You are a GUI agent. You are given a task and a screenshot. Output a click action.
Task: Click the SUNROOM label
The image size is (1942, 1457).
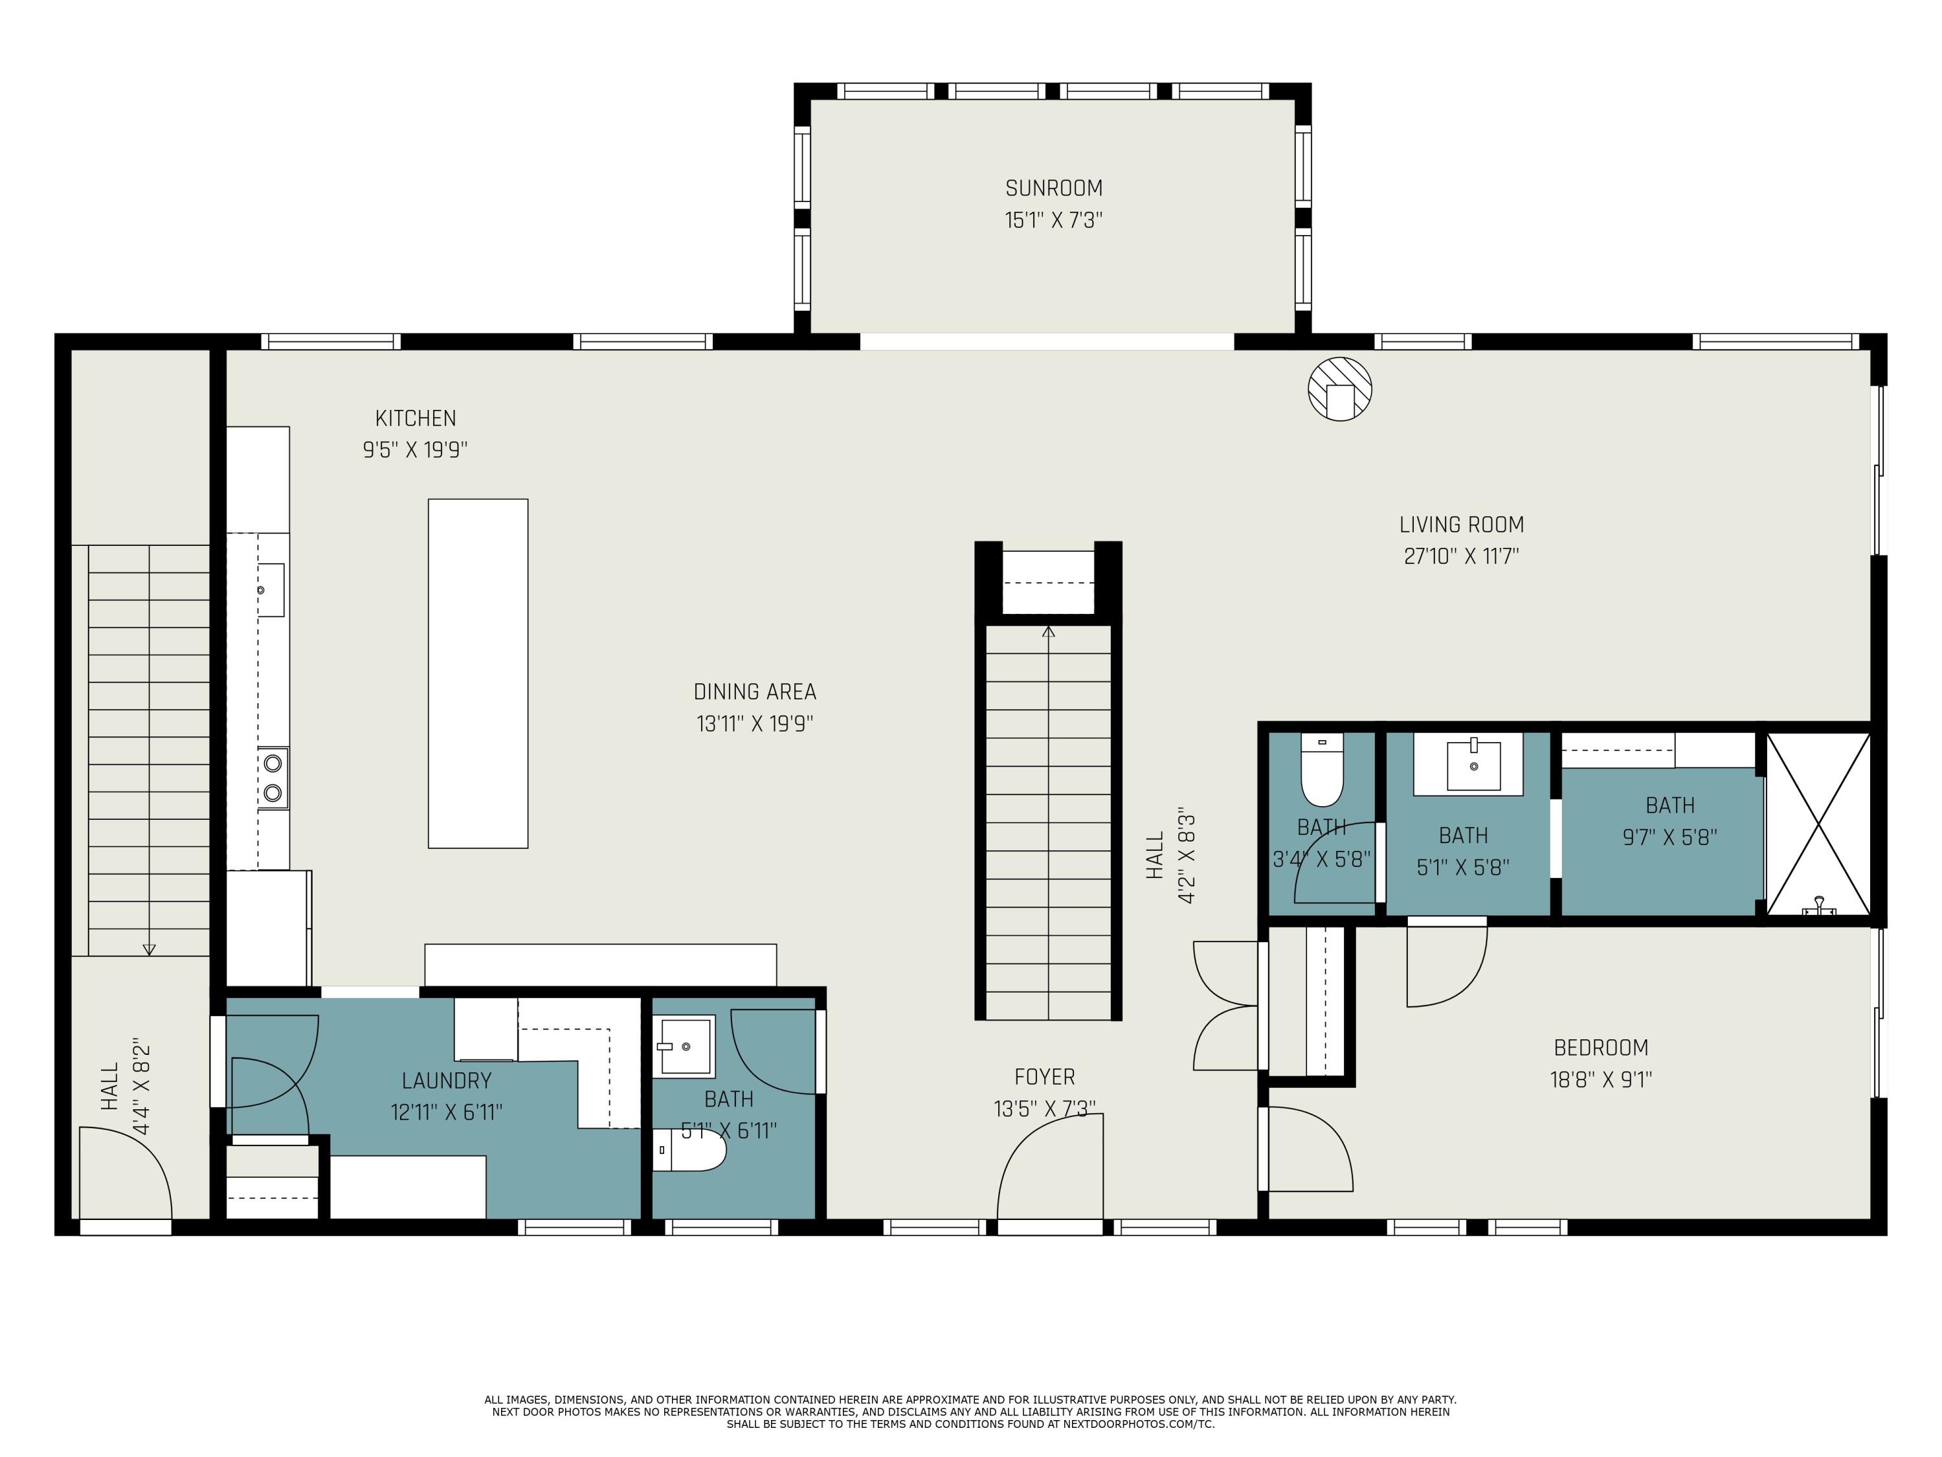coord(1053,188)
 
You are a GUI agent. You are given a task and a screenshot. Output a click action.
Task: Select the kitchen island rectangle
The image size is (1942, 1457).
coord(478,673)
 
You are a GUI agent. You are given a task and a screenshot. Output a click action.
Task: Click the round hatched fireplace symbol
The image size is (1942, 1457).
coord(1340,388)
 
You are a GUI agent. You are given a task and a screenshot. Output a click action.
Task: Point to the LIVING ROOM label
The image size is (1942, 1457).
coord(1461,525)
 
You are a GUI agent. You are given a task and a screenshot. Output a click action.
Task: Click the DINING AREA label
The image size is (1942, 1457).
coord(754,692)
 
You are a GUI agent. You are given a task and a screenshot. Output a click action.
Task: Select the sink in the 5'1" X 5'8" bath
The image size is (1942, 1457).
coord(1473,766)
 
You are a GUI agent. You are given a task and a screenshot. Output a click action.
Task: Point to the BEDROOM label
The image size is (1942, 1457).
coord(1600,1048)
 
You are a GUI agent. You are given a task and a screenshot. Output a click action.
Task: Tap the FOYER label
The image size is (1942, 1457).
coord(1044,1077)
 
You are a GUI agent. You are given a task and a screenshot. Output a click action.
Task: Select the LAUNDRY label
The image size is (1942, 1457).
coord(446,1081)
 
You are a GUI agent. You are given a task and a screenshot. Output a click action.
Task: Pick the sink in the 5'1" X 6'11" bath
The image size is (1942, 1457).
coord(685,1045)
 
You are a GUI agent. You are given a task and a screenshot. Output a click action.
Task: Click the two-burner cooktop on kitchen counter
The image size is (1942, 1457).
coord(273,777)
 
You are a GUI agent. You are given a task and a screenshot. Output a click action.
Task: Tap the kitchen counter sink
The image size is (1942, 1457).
coord(271,590)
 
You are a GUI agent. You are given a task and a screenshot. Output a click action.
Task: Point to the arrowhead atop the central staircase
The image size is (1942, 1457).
coord(1048,631)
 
